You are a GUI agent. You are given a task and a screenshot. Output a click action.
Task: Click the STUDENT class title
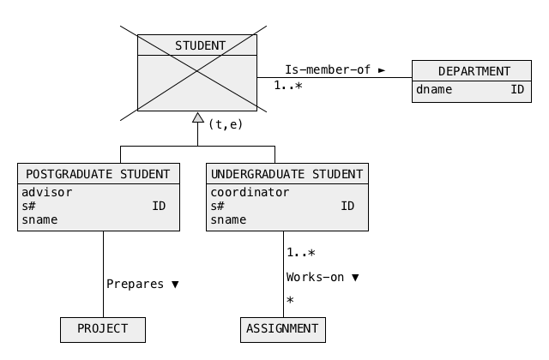(x=200, y=45)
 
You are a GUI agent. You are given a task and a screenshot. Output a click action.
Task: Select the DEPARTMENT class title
(x=474, y=71)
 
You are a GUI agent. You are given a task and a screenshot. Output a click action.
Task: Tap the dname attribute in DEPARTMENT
(x=434, y=89)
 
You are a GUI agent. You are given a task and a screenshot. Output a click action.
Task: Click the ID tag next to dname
(x=517, y=89)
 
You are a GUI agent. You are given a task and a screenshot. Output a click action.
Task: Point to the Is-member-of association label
(x=328, y=69)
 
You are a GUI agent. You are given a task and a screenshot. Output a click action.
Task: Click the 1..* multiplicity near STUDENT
(x=288, y=86)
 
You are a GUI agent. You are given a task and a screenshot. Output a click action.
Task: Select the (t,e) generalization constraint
(x=226, y=124)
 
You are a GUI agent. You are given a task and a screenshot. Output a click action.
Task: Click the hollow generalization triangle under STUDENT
(x=198, y=117)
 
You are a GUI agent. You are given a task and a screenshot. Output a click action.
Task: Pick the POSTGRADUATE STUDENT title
(x=98, y=174)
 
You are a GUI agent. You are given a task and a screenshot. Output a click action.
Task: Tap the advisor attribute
(x=47, y=192)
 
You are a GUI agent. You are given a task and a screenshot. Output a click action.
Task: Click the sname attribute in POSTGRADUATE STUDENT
(x=39, y=219)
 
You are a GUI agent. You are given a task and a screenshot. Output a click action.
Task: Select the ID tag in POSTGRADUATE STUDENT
(x=159, y=206)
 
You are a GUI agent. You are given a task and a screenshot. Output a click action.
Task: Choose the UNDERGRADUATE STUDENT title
(x=287, y=174)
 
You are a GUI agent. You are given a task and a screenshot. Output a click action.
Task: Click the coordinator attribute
(x=250, y=192)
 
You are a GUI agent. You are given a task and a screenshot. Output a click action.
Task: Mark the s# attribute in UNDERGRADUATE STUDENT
(x=217, y=206)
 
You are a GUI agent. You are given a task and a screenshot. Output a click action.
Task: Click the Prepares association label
(x=135, y=284)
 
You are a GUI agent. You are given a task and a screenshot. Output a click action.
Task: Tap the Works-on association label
(x=315, y=277)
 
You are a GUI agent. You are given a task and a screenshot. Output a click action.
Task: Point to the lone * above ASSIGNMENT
(x=290, y=300)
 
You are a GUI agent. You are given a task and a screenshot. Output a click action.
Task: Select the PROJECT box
(x=103, y=330)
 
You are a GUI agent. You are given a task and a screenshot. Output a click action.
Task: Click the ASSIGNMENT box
(x=283, y=330)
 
